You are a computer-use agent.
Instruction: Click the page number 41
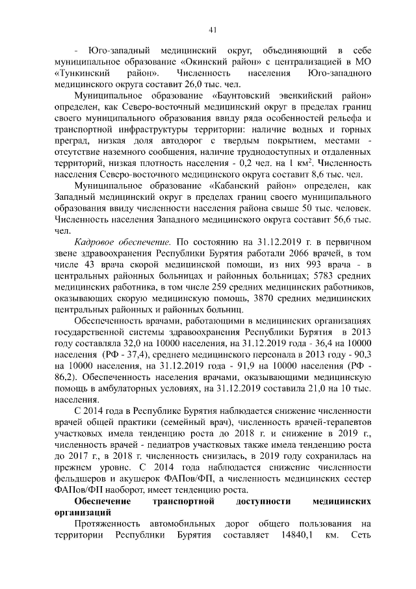click(x=212, y=29)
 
